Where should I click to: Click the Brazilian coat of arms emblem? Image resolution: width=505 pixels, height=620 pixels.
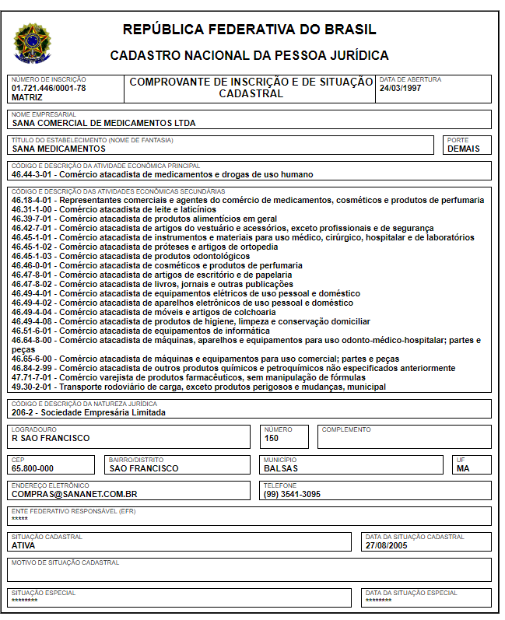32,44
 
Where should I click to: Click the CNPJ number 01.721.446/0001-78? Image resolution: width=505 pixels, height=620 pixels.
49,88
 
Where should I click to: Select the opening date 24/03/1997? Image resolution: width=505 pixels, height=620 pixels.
401,88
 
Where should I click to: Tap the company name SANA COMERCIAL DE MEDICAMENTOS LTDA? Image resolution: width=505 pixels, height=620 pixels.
103,123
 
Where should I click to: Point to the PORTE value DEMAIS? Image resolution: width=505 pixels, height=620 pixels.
464,149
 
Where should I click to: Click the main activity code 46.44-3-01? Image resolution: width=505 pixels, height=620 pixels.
33,175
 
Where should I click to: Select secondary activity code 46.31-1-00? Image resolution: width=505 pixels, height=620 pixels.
33,209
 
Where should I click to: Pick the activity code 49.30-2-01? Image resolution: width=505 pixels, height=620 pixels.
33,387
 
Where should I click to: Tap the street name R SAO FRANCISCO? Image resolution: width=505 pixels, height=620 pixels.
51,438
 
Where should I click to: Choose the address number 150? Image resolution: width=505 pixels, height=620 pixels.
272,438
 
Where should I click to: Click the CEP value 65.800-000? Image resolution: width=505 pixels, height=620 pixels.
33,468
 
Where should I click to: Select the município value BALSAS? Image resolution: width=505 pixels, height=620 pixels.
282,468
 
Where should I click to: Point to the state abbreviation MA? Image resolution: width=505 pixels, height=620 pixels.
463,468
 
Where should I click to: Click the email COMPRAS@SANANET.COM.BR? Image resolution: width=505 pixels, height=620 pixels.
75,494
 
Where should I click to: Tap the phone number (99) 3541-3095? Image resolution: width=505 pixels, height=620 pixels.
292,494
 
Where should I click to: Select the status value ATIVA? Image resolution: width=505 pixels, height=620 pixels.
23,545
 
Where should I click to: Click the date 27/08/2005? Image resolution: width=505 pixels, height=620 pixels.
386,545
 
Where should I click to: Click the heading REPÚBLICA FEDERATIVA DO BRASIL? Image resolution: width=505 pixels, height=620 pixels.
250,30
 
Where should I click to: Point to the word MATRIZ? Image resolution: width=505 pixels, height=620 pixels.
27,97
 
